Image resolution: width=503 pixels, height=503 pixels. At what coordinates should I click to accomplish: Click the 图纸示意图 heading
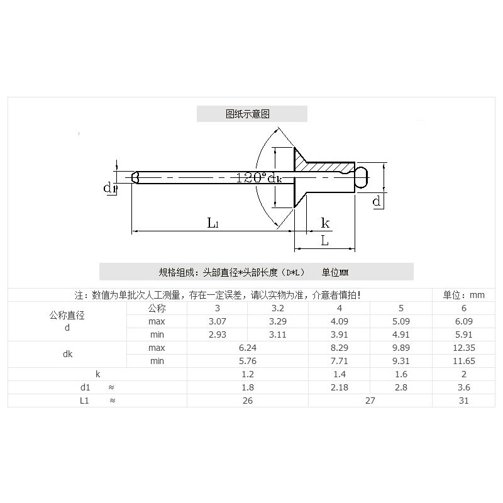[x=248, y=114]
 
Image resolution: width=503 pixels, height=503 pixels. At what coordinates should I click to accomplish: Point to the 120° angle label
[x=251, y=177]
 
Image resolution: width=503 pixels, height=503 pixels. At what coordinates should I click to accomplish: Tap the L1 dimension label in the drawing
[x=213, y=223]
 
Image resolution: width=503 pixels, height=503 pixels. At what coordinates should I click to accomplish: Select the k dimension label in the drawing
[x=325, y=223]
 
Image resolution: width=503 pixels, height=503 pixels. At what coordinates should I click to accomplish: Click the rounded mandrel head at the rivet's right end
[x=362, y=177]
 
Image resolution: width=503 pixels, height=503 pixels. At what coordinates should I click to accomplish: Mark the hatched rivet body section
[x=324, y=167]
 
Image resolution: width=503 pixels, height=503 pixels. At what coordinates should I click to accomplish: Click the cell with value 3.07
[x=218, y=321]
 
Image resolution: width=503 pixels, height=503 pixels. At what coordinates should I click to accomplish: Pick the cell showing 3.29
[x=278, y=321]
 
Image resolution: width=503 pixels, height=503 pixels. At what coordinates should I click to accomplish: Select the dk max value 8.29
[x=340, y=348]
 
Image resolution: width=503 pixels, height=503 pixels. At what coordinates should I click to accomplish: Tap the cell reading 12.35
[x=464, y=348]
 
